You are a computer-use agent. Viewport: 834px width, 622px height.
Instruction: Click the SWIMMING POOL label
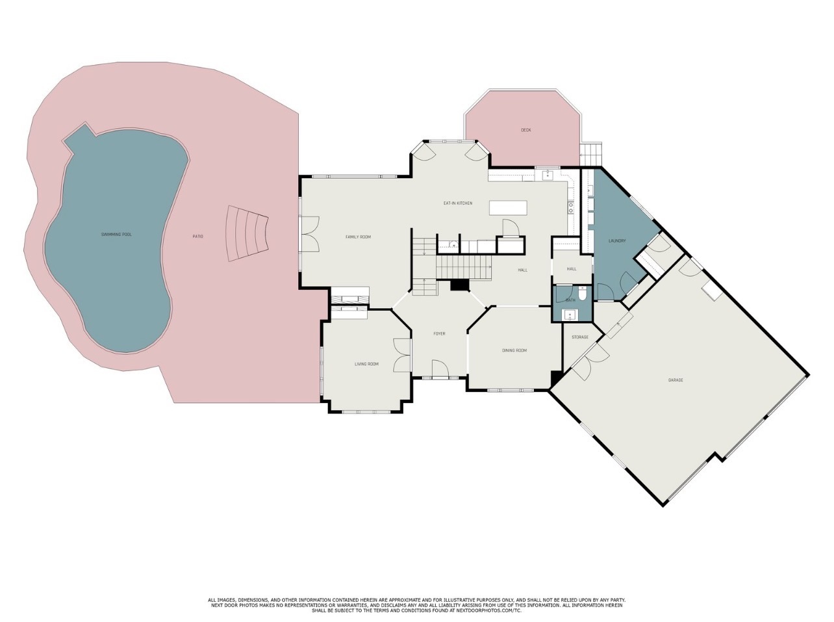tap(116, 235)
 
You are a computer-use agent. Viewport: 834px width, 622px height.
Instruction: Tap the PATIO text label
tap(197, 237)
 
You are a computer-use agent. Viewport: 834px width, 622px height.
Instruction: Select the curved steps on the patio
tap(247, 233)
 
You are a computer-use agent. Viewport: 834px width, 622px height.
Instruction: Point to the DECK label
tap(526, 130)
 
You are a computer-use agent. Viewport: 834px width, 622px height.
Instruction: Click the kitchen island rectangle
tap(509, 208)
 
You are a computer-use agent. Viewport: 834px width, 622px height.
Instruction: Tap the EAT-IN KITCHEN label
tap(458, 203)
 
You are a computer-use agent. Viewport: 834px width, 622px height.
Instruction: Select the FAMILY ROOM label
tap(358, 237)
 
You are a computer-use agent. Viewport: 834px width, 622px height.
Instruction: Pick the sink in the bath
tap(569, 315)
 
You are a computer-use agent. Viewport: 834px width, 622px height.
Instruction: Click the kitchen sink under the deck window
tap(547, 175)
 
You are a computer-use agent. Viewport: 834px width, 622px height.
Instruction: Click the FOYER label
tap(439, 334)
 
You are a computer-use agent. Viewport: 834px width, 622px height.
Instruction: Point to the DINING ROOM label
tap(514, 350)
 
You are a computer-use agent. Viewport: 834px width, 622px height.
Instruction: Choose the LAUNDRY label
tap(617, 240)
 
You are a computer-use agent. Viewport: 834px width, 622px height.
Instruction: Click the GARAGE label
tap(676, 380)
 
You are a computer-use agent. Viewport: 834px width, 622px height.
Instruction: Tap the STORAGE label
tap(580, 337)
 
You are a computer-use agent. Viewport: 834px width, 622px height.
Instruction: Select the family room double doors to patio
tap(310, 234)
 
